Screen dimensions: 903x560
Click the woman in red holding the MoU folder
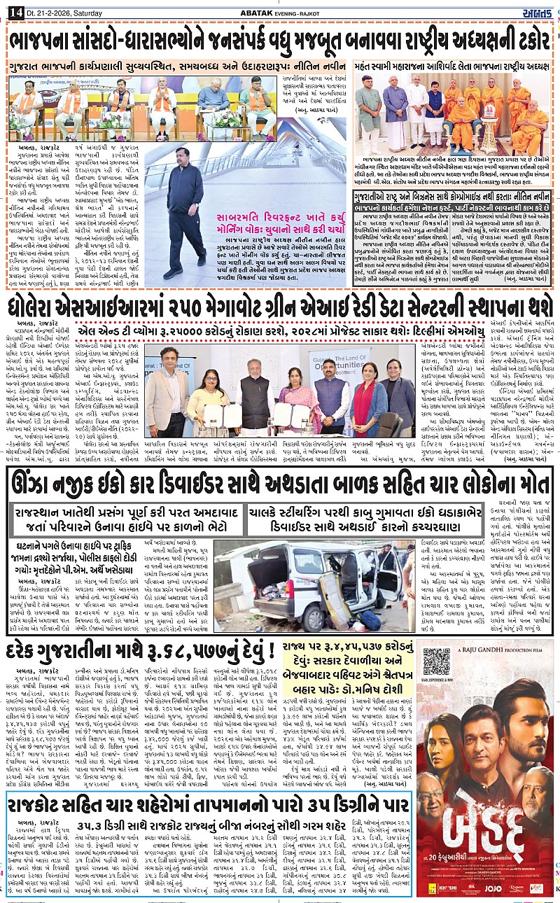coord(367,401)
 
